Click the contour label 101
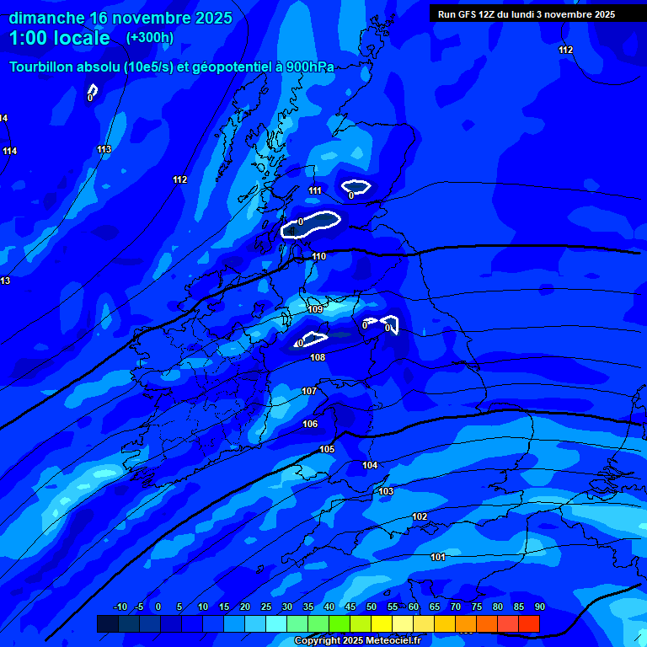[x=438, y=557]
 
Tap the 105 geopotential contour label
[x=327, y=449]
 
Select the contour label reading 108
[x=318, y=357]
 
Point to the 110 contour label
[x=318, y=256]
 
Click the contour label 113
[x=104, y=149]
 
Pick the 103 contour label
[x=386, y=491]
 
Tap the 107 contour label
[x=309, y=391]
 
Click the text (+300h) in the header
[x=150, y=37]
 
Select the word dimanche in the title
[x=45, y=18]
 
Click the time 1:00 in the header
[x=29, y=38]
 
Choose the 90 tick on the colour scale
[x=539, y=607]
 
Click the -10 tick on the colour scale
[x=120, y=607]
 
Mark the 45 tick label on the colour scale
[x=350, y=607]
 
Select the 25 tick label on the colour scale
[x=266, y=607]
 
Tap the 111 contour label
[x=315, y=190]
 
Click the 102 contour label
[x=420, y=516]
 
